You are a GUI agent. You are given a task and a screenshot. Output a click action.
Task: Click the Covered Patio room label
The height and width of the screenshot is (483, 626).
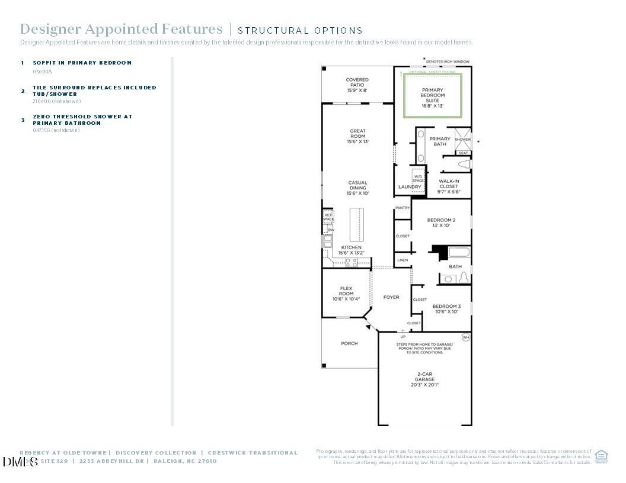pos(357,85)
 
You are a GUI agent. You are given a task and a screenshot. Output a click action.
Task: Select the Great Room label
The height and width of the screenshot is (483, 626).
pos(357,136)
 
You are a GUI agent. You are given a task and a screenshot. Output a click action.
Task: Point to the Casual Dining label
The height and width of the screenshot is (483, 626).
pos(357,188)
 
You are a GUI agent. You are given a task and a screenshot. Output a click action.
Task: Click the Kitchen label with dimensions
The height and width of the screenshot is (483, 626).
pos(350,250)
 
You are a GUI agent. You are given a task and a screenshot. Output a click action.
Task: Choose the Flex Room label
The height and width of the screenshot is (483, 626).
pos(346,294)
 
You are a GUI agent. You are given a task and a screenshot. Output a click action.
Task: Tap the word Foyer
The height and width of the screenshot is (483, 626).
pos(391,297)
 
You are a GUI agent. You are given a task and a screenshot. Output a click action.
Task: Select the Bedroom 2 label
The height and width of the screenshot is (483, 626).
pos(441,223)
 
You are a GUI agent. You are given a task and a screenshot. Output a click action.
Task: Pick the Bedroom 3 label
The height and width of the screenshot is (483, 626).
pos(446,308)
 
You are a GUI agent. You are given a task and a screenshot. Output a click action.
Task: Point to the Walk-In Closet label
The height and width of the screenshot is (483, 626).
pos(449,186)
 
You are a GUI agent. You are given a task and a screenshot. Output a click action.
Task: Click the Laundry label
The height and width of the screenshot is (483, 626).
pos(410,187)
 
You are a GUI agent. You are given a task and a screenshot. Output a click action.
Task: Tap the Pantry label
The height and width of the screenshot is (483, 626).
pos(403,208)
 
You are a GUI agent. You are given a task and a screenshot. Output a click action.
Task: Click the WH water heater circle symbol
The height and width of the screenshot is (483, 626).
pos(465,337)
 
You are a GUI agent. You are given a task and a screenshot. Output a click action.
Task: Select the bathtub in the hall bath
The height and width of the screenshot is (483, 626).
pos(459,253)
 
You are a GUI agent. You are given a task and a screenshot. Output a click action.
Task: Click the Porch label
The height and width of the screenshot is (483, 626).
pos(349,343)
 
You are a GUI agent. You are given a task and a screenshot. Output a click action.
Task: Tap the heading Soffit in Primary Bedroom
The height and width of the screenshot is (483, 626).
pos(82,63)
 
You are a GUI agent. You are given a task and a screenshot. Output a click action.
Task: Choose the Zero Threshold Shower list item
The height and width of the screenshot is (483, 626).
pos(82,120)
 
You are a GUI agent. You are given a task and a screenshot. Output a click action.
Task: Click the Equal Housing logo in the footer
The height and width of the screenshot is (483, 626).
pos(601,456)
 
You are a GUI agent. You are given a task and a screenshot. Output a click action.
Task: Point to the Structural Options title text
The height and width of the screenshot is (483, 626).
pos(300,30)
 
